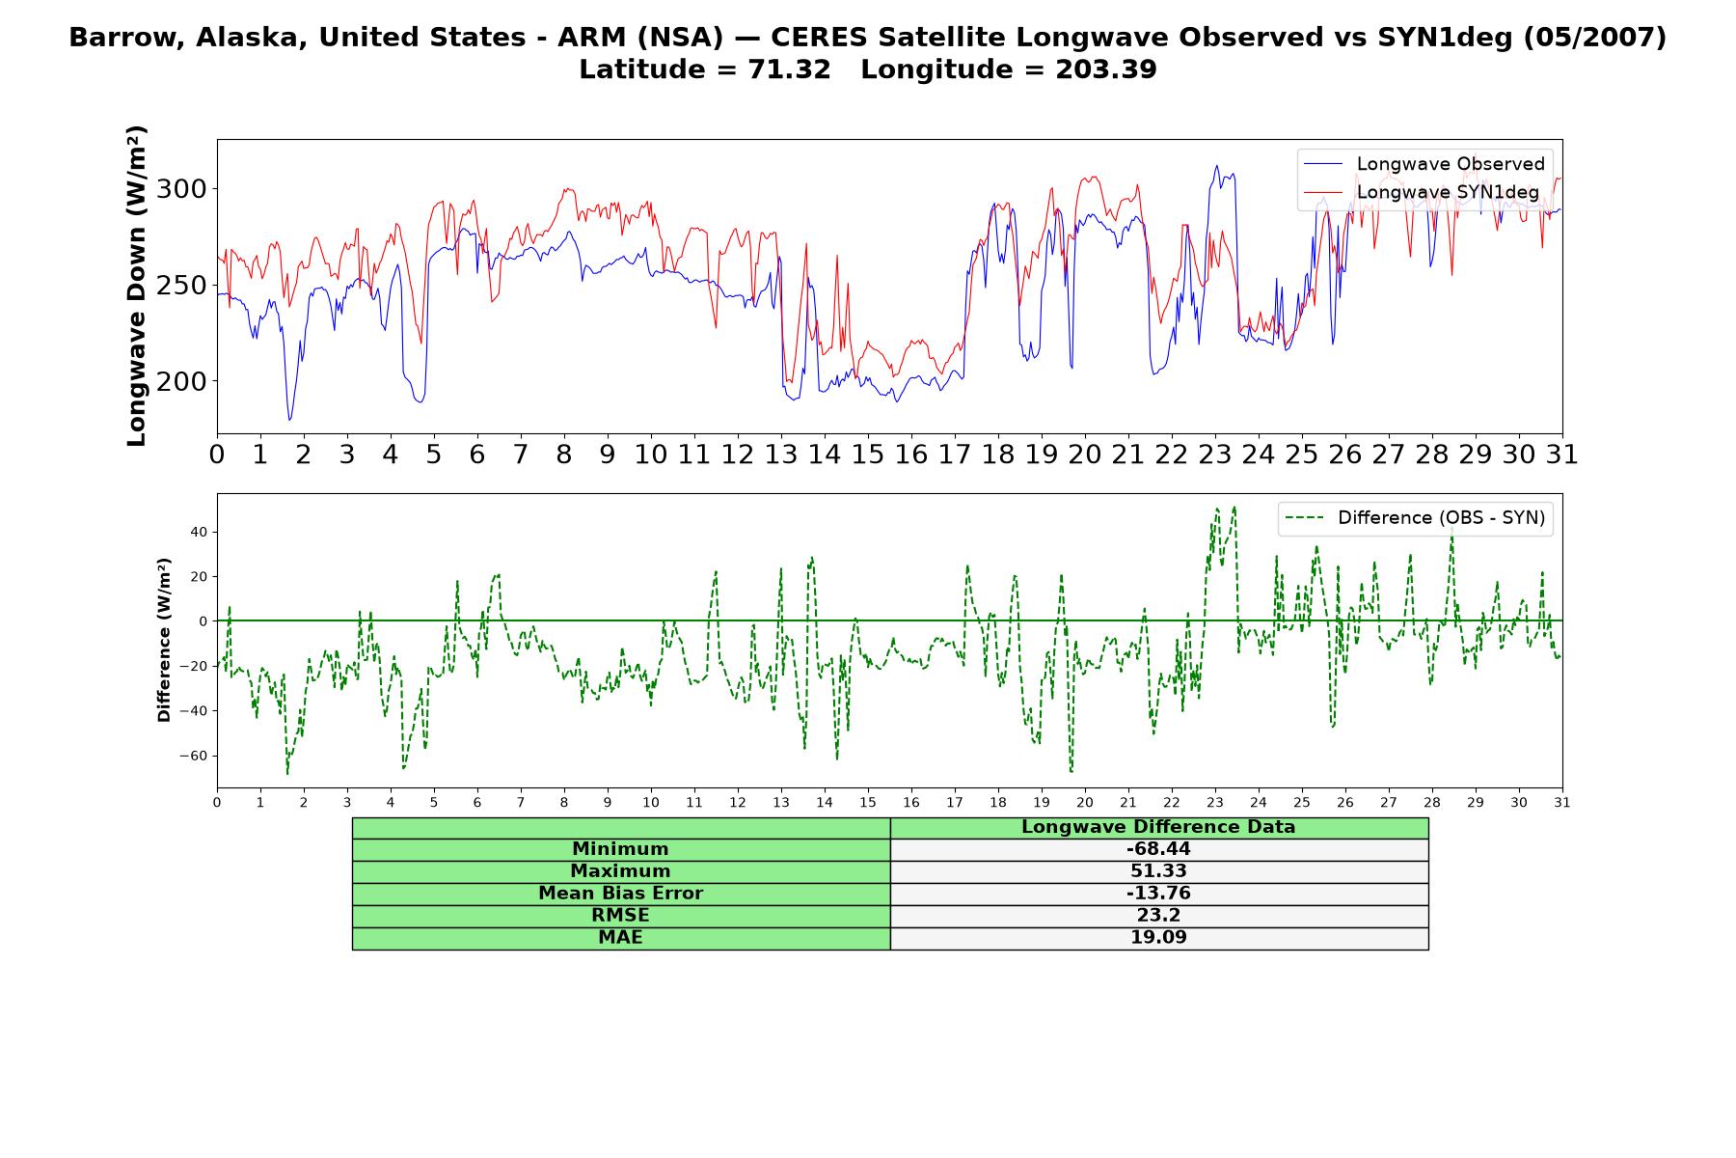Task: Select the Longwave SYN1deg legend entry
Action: tap(1422, 192)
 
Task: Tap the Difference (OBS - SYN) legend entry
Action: tap(1415, 518)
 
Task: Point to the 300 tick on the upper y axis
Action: tap(181, 188)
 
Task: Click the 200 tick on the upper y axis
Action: tap(181, 381)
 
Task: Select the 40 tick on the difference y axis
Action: tap(199, 532)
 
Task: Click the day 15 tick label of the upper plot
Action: tap(868, 455)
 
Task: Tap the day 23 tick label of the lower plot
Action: tap(1215, 803)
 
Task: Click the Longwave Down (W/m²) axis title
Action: tap(137, 286)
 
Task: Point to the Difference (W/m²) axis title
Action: tap(164, 640)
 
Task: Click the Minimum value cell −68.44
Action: tap(1158, 849)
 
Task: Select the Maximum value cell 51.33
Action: tap(1158, 871)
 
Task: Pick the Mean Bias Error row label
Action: tap(620, 894)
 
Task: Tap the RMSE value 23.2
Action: tap(1158, 916)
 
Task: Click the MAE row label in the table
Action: tap(620, 937)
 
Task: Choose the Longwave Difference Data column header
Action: tap(1158, 827)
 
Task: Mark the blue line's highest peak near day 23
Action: tap(1216, 166)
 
